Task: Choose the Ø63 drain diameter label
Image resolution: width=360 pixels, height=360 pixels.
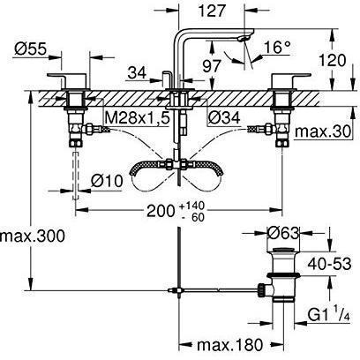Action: coord(283,234)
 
